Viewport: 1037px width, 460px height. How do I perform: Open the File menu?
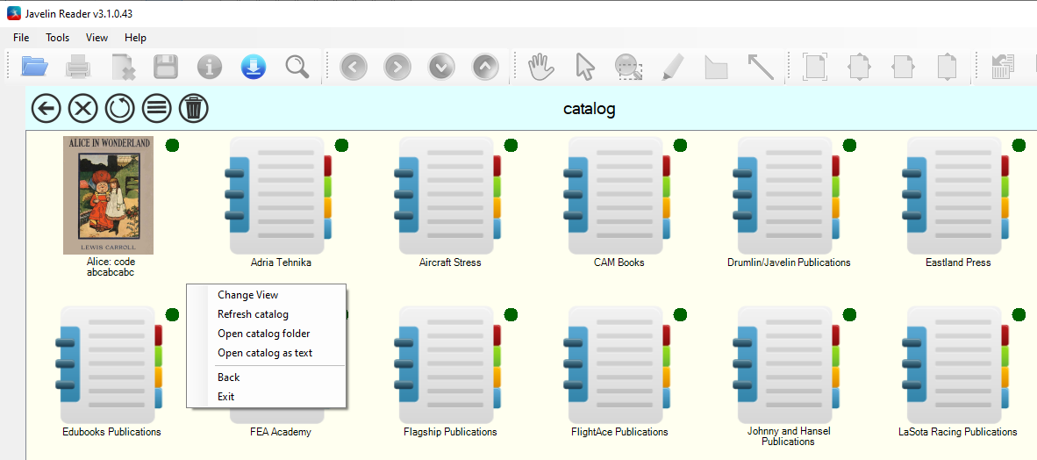click(21, 38)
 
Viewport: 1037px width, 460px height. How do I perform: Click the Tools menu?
click(58, 38)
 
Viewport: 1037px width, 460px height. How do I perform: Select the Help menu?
click(136, 38)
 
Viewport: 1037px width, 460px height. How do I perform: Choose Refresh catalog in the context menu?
click(253, 314)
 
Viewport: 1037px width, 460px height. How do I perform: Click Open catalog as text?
click(265, 353)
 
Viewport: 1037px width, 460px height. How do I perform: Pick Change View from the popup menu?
click(248, 295)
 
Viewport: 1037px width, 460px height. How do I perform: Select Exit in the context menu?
click(226, 397)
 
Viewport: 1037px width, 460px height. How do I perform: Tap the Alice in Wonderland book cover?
click(109, 195)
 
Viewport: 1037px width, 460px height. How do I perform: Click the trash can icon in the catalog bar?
click(194, 108)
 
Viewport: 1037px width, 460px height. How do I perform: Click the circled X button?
click(82, 108)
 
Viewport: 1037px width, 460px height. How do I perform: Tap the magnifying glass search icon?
click(297, 67)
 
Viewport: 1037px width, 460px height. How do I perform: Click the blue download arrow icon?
click(254, 67)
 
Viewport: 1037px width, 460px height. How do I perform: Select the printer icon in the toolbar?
click(78, 67)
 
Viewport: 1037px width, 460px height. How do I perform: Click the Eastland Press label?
click(958, 262)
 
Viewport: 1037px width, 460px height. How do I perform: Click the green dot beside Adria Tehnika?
click(342, 145)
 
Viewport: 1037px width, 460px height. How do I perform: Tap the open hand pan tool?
click(541, 67)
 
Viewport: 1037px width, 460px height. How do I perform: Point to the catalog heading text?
click(590, 109)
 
